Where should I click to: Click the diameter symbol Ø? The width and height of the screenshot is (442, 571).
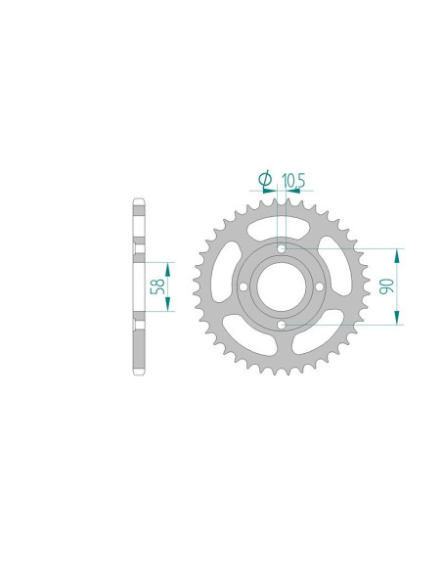click(x=265, y=179)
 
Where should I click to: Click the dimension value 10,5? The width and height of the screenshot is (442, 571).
click(x=293, y=180)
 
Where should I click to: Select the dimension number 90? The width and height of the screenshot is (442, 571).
click(x=386, y=286)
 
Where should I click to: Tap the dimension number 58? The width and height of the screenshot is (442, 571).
click(x=158, y=286)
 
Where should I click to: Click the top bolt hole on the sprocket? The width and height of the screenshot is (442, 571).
click(x=281, y=248)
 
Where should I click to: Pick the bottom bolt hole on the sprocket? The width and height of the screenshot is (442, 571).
click(x=281, y=325)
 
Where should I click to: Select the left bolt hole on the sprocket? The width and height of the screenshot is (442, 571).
click(x=243, y=286)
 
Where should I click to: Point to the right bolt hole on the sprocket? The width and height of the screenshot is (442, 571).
click(x=320, y=286)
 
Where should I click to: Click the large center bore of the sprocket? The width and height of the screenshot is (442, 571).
click(x=281, y=286)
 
